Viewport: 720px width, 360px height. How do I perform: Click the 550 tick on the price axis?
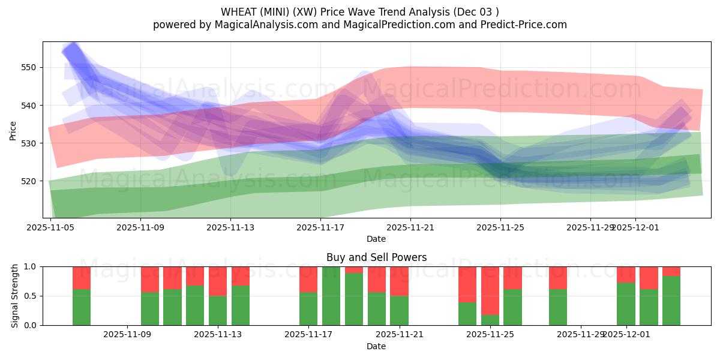coord(29,67)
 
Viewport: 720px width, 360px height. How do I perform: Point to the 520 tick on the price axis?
coord(29,181)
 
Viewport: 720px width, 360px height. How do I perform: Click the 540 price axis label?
coord(29,105)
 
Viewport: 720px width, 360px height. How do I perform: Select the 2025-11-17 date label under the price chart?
coord(321,227)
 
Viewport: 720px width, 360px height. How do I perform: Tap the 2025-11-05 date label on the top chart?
coord(51,227)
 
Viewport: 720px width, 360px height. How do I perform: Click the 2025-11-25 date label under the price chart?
coord(501,227)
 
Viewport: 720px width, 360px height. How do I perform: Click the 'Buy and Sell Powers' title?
coord(376,257)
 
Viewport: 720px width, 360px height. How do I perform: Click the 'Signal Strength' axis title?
coord(15,296)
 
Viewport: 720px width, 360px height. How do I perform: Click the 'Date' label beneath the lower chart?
coord(376,346)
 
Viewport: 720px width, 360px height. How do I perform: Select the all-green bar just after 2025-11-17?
coord(331,296)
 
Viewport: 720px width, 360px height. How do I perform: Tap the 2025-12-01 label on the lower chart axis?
coord(626,334)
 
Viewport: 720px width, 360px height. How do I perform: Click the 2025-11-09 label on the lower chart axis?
coord(128,334)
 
